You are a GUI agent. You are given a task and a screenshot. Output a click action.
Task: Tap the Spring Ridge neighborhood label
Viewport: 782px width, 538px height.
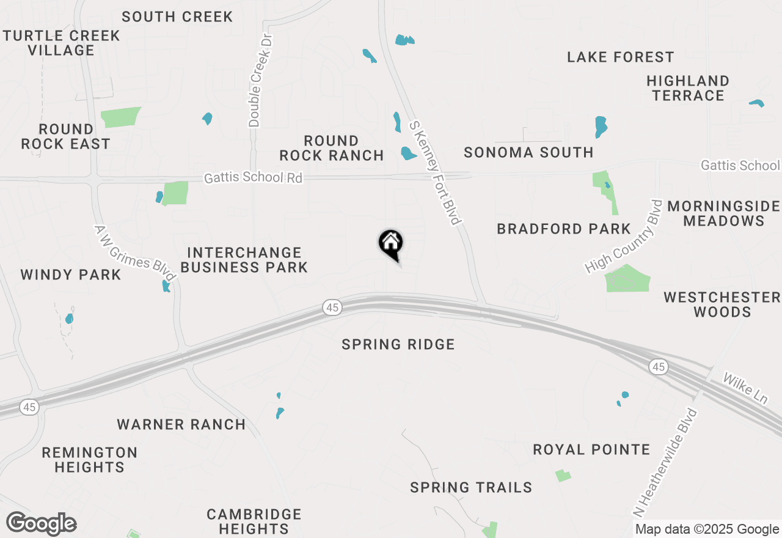point(398,345)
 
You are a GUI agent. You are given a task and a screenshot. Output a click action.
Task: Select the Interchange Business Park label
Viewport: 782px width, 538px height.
point(244,260)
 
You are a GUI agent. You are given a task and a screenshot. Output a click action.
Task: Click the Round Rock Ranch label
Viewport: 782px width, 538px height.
point(332,149)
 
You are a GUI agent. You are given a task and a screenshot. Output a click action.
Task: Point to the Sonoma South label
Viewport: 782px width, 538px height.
point(528,153)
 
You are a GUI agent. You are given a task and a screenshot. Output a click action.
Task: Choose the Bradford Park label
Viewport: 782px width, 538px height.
point(563,229)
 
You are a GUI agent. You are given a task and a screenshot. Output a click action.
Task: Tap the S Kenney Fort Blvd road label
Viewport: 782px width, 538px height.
point(434,172)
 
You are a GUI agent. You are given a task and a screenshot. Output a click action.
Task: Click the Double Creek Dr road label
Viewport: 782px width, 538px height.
point(258,80)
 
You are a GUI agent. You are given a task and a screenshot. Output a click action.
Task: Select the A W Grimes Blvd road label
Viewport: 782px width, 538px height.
point(134,254)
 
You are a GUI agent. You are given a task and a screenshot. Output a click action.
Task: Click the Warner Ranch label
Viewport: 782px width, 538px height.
point(181,424)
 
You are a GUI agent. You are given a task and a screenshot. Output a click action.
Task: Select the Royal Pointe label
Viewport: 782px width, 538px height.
point(591,450)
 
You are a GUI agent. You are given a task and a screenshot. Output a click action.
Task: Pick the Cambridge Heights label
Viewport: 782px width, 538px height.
point(254,521)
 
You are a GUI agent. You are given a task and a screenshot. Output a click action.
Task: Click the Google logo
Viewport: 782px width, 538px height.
point(41,524)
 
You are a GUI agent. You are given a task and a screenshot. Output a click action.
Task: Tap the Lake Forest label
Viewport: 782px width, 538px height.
point(620,57)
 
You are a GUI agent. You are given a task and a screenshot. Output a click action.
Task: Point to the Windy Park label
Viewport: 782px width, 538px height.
point(71,275)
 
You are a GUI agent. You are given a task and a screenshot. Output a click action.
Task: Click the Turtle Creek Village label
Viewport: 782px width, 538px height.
point(61,43)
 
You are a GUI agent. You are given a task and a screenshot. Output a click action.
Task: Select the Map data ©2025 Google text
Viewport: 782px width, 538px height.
point(707,529)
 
